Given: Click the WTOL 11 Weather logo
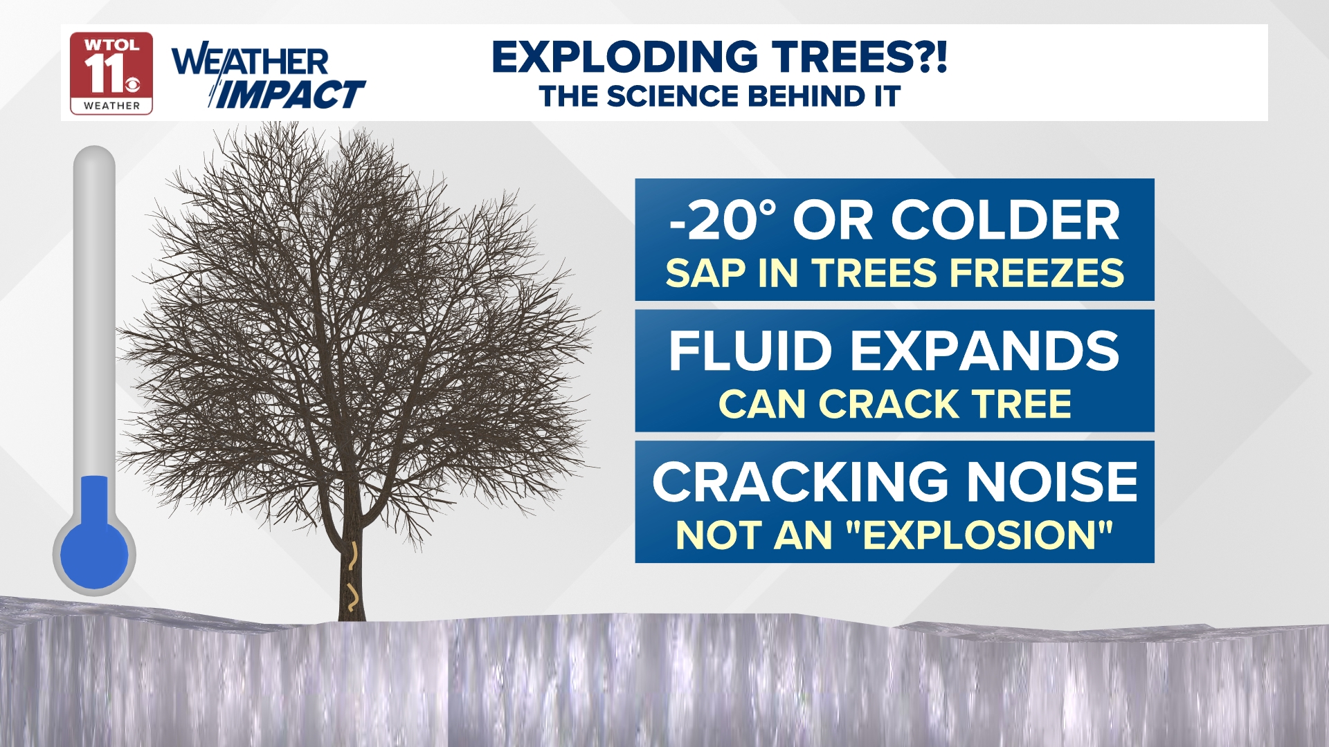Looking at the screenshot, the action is [x=111, y=73].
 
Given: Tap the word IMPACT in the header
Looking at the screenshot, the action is [x=291, y=94].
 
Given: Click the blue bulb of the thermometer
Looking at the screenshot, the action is [x=94, y=553].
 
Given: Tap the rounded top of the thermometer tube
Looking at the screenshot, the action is [x=94, y=156].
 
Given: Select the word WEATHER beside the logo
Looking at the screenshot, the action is [x=251, y=62].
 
